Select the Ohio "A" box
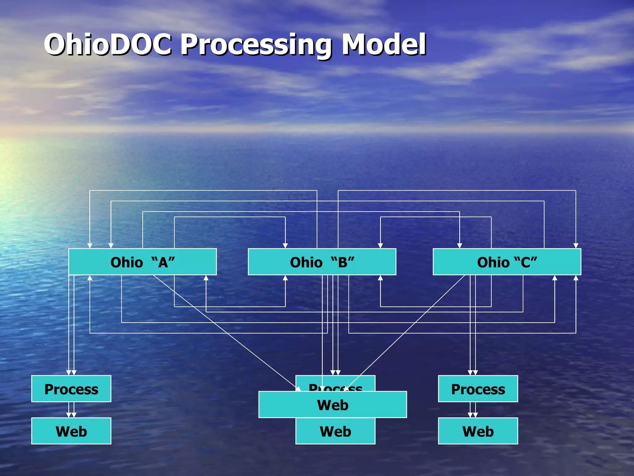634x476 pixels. (x=142, y=262)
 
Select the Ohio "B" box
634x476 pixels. (x=322, y=262)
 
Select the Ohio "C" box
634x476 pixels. (x=507, y=262)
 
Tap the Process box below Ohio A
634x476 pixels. (x=71, y=389)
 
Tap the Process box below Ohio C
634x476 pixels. (x=478, y=389)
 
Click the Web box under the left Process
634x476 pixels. (x=71, y=431)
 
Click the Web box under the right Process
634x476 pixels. (x=478, y=431)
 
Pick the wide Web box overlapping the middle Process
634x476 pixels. (x=332, y=405)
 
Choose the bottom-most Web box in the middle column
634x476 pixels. (x=335, y=432)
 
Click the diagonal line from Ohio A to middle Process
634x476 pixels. (x=226, y=332)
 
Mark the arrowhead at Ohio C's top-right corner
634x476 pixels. (x=576, y=246)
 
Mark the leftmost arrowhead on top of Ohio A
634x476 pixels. (x=90, y=246)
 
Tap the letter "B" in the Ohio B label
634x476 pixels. (x=343, y=262)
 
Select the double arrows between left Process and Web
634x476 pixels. (x=71, y=410)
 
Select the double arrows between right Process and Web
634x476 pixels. (x=473, y=410)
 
